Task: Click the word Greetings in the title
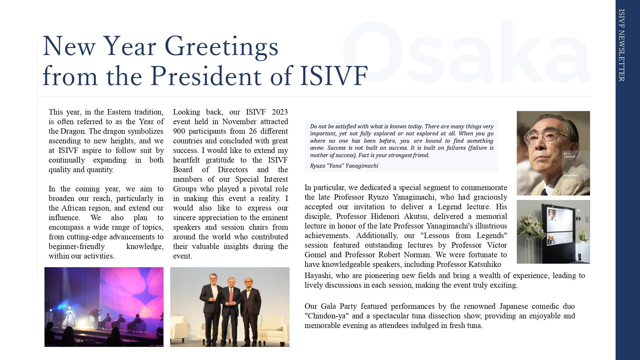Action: [221, 47]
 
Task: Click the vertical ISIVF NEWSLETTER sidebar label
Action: [621, 45]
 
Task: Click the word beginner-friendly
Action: [76, 246]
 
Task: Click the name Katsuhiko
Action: [485, 264]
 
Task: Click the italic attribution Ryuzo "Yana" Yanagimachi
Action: [344, 166]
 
